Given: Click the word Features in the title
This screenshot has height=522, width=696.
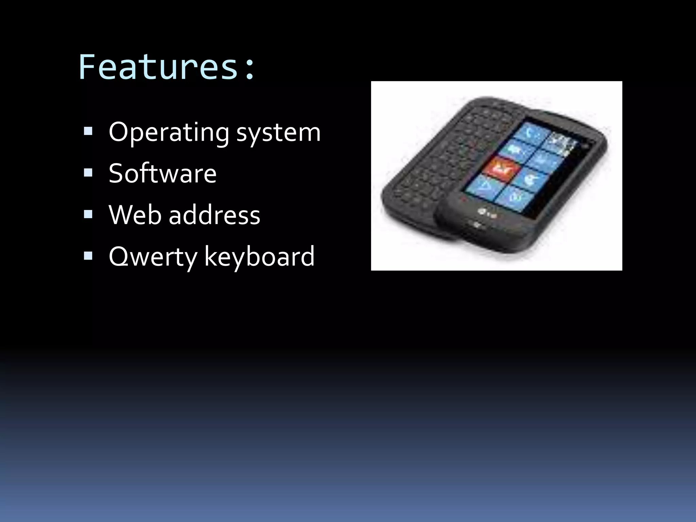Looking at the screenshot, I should point(158,67).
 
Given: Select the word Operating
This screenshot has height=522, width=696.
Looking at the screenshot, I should point(169,133).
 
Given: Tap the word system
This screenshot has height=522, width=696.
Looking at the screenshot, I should point(278,133).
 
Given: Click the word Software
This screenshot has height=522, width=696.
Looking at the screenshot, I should point(162,174).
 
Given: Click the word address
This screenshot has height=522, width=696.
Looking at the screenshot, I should point(214,215).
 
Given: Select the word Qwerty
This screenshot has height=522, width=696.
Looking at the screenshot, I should point(153,257).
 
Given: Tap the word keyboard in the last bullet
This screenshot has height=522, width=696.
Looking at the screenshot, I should point(259,256).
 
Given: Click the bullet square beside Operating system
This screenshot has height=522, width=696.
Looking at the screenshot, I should point(88,132).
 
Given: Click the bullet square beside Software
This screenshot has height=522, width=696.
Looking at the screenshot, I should point(88,173).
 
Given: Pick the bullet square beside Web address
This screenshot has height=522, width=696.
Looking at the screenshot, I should point(88,214).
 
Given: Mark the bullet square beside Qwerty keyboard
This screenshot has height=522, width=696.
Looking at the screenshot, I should point(88,256).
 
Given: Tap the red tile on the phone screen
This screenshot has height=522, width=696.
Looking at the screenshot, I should point(502,167).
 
